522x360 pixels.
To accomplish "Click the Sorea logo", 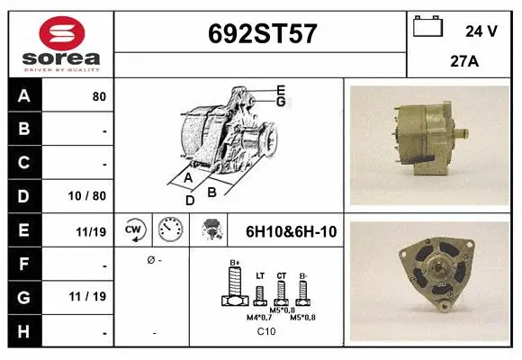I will point(60,43).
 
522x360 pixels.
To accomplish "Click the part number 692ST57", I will point(262,33).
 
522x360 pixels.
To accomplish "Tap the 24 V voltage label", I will point(481,31).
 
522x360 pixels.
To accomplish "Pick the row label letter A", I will point(23,96).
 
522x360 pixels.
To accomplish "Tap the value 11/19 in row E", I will point(93,231).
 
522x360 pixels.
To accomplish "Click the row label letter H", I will point(23,331).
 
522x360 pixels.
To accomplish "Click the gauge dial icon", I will point(170,230).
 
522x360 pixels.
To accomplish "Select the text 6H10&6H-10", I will point(291,231).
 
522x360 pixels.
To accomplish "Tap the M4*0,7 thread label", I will point(259,318).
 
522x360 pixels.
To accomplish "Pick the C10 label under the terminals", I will point(267,332).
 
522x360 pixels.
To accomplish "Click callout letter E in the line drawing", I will point(281,89).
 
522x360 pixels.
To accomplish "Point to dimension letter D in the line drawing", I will point(190,200).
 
